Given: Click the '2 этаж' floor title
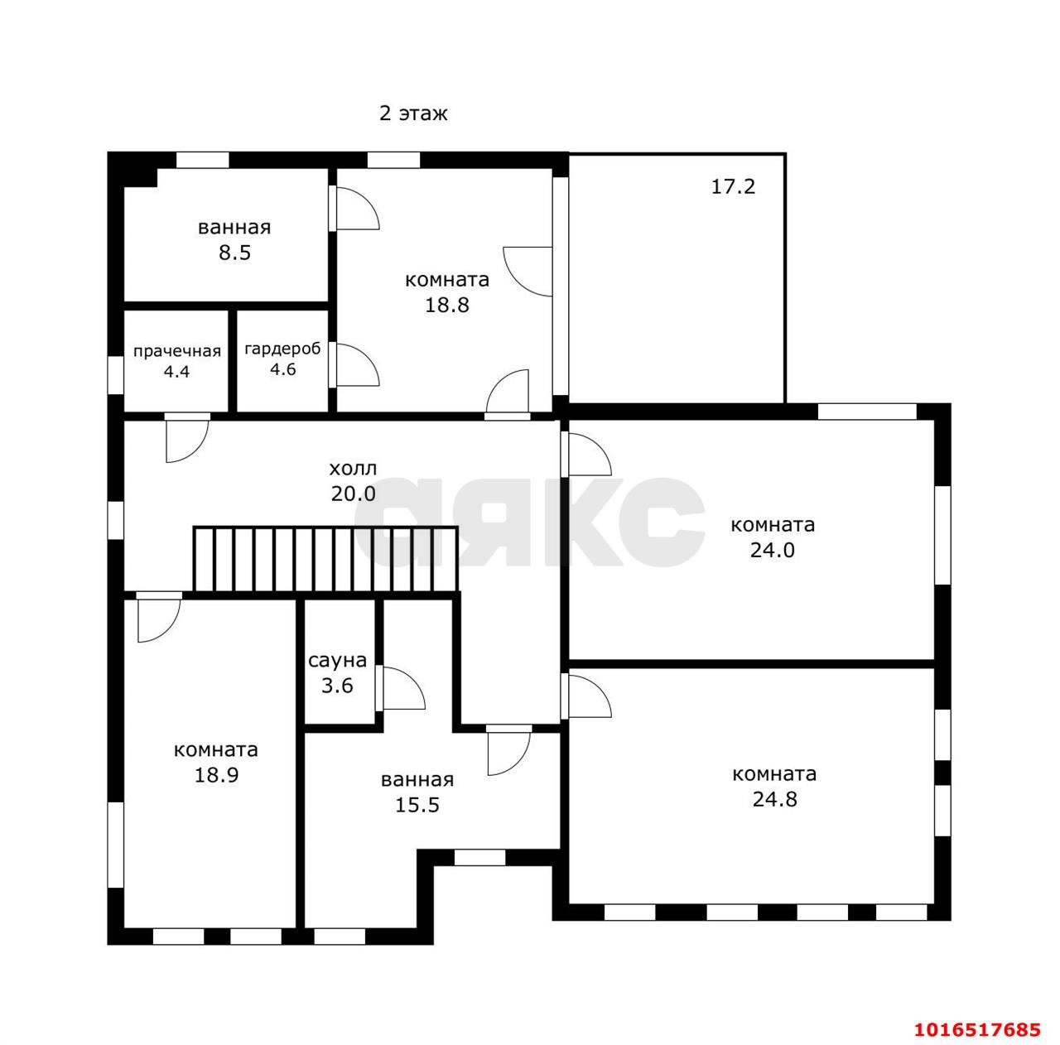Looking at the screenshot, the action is click(413, 113).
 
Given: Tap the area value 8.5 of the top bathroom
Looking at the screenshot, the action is click(234, 253).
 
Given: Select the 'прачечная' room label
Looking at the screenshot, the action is click(177, 351).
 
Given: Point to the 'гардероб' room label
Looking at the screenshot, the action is click(282, 349).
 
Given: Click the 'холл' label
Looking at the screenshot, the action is click(353, 469).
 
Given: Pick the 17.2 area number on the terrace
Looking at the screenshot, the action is click(733, 186).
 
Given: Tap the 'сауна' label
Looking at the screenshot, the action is click(337, 660).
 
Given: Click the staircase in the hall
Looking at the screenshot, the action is click(325, 560).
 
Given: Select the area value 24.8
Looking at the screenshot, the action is click(774, 799).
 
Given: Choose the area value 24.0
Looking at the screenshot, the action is click(773, 550).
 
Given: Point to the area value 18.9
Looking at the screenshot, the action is click(216, 775).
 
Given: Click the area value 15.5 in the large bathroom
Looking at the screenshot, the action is click(417, 805).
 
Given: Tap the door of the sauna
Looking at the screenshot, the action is click(401, 688).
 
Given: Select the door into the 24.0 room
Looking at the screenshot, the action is click(586, 454).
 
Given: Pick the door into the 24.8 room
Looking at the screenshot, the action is click(586, 696).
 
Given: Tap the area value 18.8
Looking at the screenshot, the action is click(446, 305).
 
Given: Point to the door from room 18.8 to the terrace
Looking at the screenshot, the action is click(528, 272).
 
